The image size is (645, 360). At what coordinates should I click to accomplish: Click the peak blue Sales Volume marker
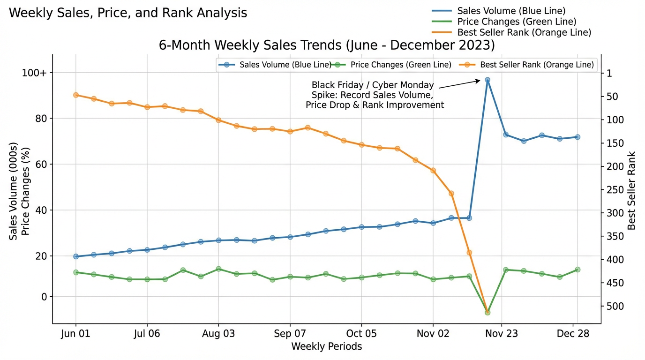tap(487, 80)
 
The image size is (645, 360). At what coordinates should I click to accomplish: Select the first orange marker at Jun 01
tap(76, 95)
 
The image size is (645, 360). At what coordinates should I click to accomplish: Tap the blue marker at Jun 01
tap(76, 256)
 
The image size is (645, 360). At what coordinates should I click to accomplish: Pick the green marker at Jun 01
tap(76, 272)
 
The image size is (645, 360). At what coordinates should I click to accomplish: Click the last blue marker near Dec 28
tap(577, 137)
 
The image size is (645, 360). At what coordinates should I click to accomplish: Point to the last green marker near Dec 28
tap(577, 270)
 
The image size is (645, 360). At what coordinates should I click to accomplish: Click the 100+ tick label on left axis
tap(34, 73)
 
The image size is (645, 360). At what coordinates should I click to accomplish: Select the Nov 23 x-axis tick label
tap(502, 334)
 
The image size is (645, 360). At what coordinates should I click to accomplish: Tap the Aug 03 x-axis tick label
tap(218, 334)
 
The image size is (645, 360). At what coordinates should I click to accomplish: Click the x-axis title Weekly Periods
tap(326, 346)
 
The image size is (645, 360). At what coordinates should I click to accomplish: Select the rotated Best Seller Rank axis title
tap(632, 190)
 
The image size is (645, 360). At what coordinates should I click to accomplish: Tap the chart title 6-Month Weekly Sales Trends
tap(327, 45)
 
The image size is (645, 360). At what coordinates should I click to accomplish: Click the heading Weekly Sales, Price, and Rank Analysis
tap(128, 13)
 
